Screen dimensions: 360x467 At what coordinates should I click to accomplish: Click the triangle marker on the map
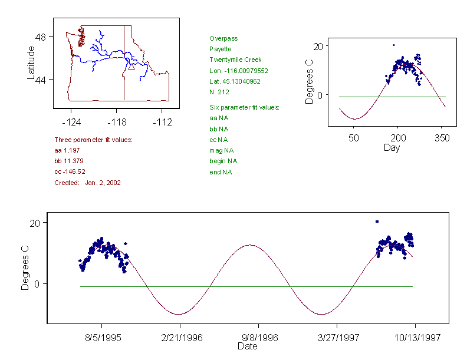tap(131, 67)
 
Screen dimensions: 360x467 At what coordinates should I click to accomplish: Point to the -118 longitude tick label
tap(116, 123)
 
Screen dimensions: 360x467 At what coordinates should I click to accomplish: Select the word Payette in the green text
tap(220, 49)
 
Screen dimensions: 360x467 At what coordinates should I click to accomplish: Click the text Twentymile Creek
tap(235, 60)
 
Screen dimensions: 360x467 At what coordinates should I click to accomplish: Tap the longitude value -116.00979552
tap(245, 71)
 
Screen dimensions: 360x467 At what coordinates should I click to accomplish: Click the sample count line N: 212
tap(219, 92)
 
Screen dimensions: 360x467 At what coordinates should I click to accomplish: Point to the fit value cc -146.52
tap(70, 172)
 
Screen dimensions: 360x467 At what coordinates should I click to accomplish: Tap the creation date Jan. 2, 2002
tap(103, 183)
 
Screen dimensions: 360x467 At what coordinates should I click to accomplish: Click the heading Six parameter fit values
tap(244, 107)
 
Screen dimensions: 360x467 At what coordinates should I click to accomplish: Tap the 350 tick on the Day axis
tap(442, 138)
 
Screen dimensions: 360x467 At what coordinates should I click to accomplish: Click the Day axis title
tap(391, 147)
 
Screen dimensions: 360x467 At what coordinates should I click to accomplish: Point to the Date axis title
tap(247, 346)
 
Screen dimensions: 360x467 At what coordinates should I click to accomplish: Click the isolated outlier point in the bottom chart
tap(377, 222)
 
